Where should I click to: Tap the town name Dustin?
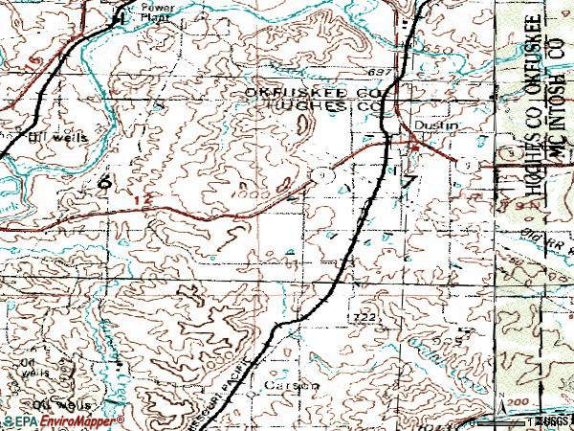click(430, 125)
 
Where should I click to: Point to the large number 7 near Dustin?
click(409, 182)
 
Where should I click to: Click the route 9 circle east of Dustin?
click(466, 165)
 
